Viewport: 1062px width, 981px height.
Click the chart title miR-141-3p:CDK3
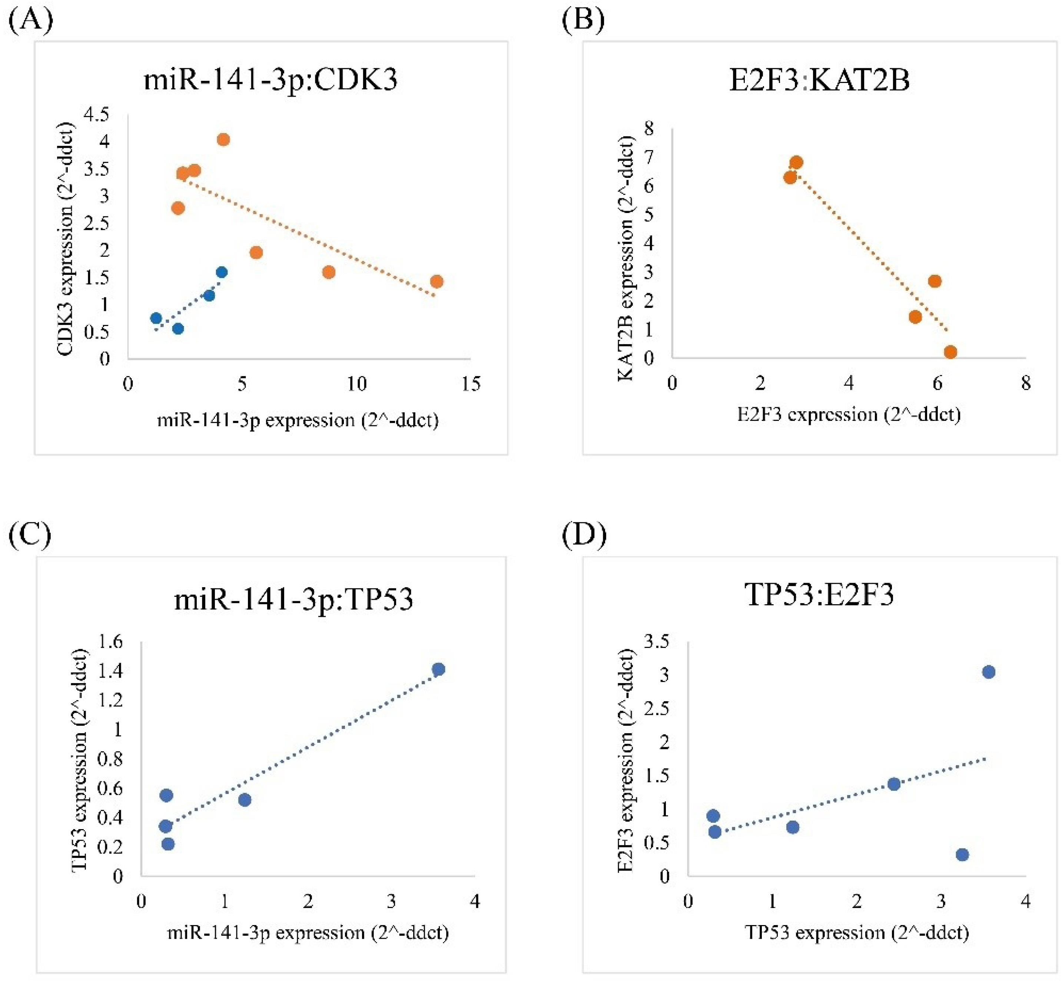(x=271, y=80)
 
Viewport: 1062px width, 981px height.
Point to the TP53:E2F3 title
(x=819, y=595)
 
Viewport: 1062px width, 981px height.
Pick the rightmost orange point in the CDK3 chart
(x=437, y=281)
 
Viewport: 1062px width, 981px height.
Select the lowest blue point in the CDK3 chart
(x=178, y=329)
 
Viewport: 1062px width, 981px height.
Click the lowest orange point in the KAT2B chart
(x=950, y=352)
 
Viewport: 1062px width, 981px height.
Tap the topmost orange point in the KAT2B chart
(x=796, y=162)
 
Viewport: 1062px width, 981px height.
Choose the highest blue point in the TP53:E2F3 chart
(x=988, y=672)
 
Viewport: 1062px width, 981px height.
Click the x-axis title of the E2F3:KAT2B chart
(x=849, y=415)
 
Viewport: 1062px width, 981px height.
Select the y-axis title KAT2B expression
(x=627, y=258)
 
